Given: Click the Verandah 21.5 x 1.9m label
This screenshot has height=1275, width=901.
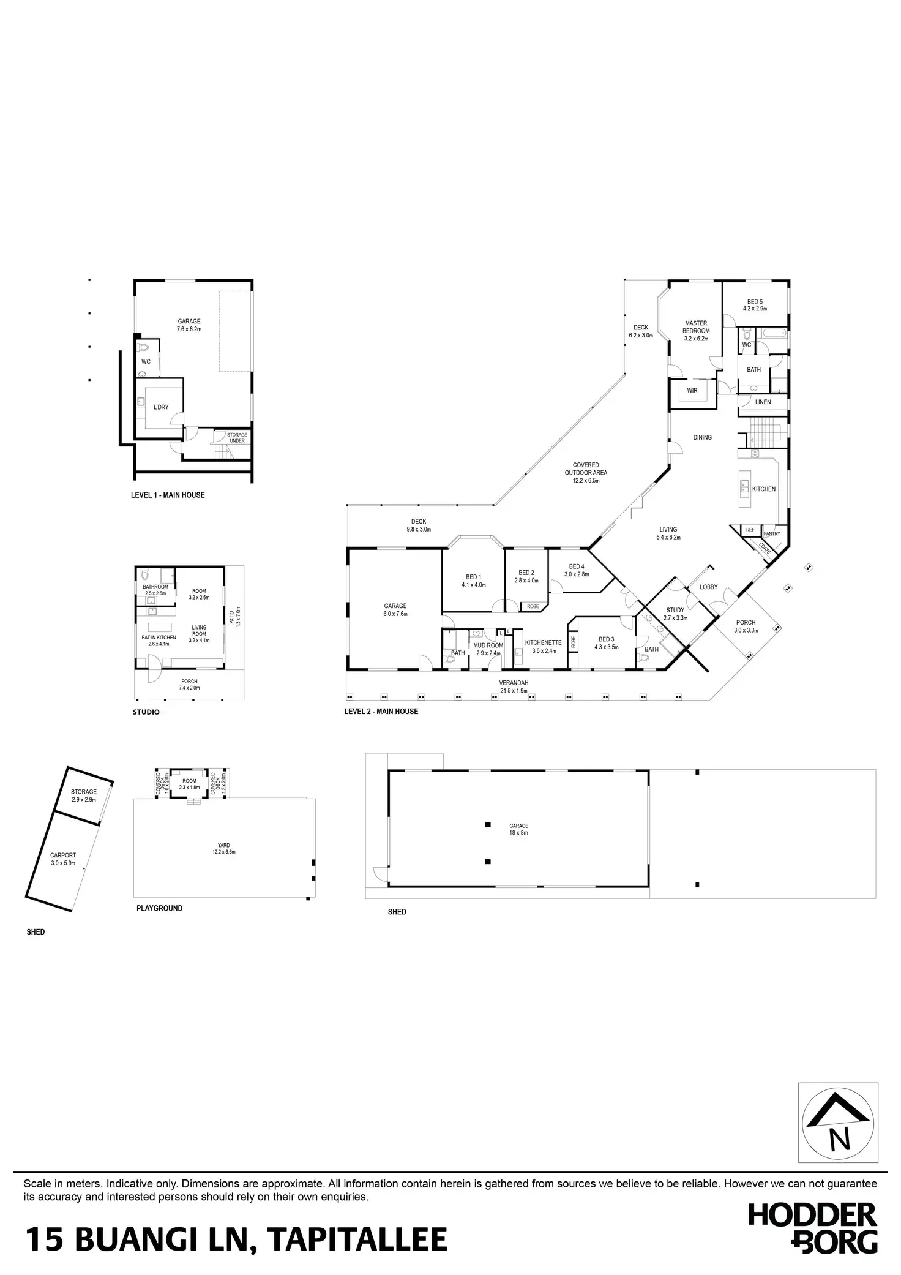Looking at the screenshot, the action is click(514, 686).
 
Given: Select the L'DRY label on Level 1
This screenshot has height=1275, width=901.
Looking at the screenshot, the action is click(161, 407).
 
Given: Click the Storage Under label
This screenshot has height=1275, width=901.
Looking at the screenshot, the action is click(237, 438).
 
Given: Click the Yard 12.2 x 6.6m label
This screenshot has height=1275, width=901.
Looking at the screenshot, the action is click(223, 848).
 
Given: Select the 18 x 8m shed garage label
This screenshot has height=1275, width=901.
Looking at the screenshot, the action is click(518, 829).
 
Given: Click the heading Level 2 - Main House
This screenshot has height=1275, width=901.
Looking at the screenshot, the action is click(381, 712).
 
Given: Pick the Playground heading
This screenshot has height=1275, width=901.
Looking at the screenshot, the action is click(159, 908).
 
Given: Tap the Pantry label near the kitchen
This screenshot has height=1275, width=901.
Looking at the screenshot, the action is click(772, 533).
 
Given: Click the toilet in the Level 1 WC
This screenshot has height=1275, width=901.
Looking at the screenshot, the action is click(144, 348).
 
